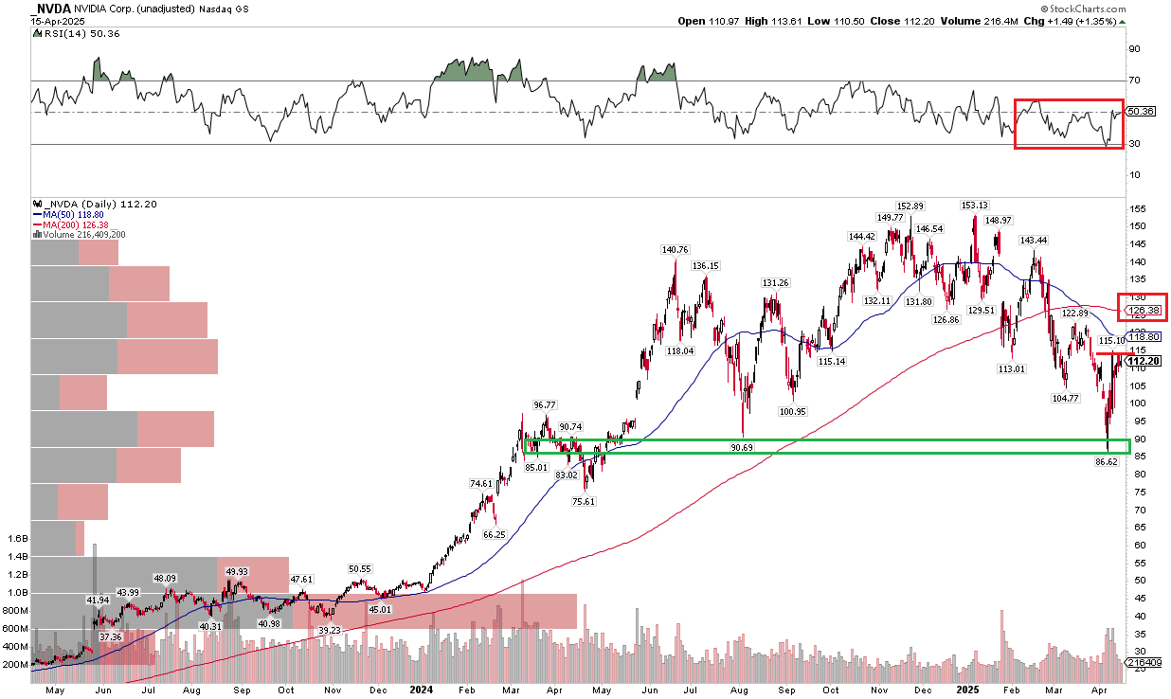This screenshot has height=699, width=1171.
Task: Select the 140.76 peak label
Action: pos(676,250)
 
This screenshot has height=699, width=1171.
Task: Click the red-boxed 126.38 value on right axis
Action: pos(1144,308)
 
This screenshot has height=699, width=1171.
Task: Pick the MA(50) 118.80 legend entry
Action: pos(73,215)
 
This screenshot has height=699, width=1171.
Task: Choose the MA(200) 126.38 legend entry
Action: pos(76,224)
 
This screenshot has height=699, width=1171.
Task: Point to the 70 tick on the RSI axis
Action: pos(1132,81)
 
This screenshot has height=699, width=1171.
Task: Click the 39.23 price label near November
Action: pos(330,630)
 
